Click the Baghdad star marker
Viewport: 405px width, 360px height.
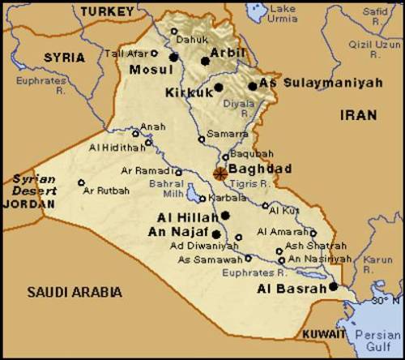click(220, 172)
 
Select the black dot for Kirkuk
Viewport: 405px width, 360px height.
click(218, 87)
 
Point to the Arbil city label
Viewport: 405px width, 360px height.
click(227, 53)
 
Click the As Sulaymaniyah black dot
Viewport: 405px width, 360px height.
click(253, 86)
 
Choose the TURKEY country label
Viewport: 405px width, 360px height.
click(107, 11)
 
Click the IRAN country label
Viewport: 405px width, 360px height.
click(358, 115)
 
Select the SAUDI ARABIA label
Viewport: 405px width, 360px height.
click(74, 292)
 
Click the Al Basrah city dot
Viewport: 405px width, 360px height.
click(333, 286)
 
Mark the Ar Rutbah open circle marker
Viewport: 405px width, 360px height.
click(81, 182)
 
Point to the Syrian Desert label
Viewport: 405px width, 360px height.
click(33, 184)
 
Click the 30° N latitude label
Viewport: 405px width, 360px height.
click(384, 301)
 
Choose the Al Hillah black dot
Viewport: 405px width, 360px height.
click(225, 215)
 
